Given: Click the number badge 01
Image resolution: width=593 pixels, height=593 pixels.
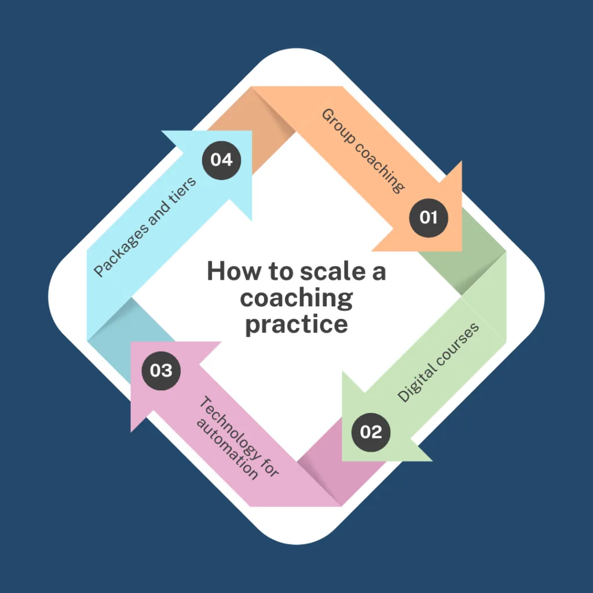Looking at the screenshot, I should [x=429, y=218].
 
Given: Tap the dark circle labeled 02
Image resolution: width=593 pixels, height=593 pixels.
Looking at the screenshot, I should [x=371, y=432].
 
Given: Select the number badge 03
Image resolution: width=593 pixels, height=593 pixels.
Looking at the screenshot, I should [x=161, y=369].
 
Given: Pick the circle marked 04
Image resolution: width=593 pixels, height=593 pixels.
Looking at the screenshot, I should [x=221, y=160].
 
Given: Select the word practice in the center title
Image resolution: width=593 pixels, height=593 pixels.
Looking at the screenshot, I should [x=296, y=324].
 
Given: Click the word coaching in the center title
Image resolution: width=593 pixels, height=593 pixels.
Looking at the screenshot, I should [x=296, y=298].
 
